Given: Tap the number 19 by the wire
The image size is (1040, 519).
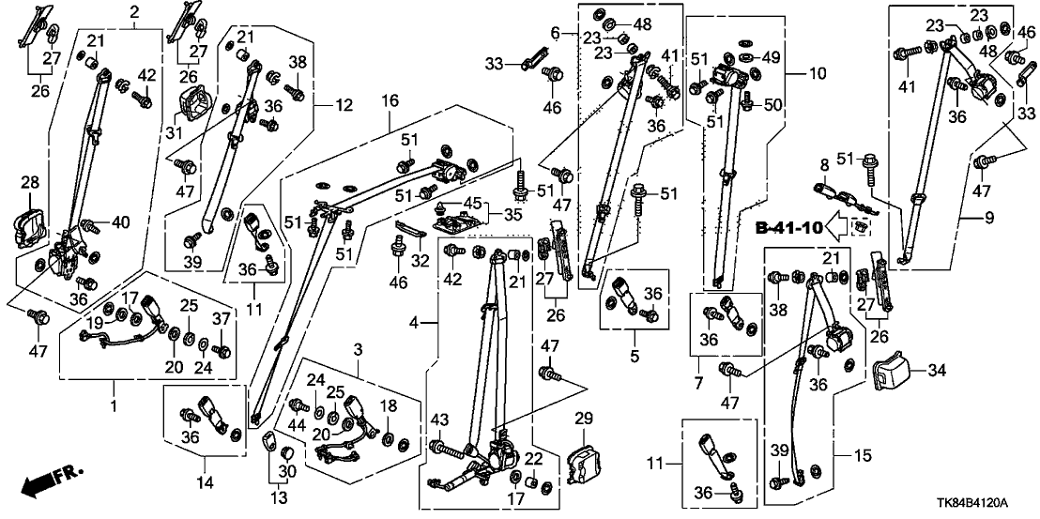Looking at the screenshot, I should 94,323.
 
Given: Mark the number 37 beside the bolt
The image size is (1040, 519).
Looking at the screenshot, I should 222,318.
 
